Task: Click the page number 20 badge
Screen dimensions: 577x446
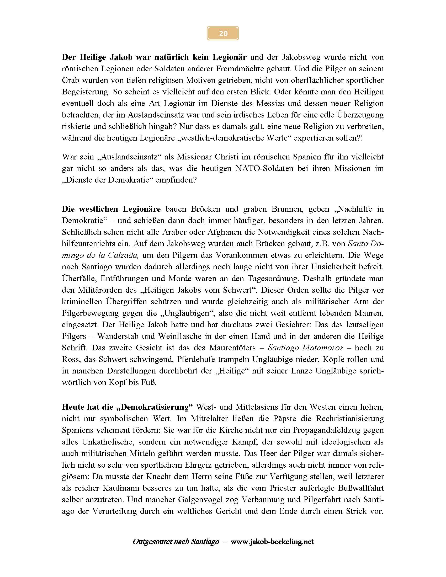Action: (x=223, y=33)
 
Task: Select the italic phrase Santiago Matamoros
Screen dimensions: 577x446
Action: (x=305, y=348)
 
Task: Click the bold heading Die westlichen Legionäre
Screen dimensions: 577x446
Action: (x=111, y=209)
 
